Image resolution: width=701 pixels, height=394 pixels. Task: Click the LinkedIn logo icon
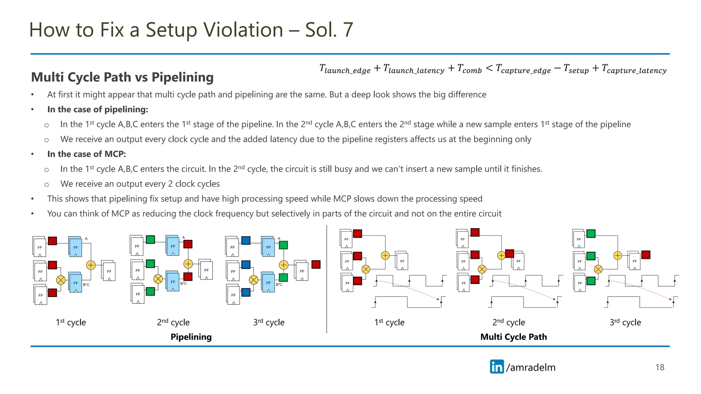[497, 367]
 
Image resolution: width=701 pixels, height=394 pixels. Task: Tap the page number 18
[660, 367]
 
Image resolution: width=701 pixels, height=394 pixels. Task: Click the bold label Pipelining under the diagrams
[191, 337]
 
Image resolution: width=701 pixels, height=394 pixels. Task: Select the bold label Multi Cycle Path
[513, 337]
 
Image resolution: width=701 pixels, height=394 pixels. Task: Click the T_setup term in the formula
[576, 69]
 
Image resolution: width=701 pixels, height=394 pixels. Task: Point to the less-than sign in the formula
[489, 68]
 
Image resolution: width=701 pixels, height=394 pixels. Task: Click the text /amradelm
[531, 367]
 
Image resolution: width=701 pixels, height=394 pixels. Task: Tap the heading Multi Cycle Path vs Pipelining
[122, 77]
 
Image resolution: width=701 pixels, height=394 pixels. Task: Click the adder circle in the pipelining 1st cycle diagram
[91, 265]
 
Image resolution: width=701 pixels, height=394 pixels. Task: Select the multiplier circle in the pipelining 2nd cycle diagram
[158, 279]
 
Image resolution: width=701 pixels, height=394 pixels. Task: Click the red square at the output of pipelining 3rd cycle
[316, 264]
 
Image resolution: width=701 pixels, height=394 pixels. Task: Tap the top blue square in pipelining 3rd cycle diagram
[246, 240]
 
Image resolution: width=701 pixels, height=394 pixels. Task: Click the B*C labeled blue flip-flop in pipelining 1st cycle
[76, 283]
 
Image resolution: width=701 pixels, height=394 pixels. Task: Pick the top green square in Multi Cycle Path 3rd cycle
[591, 234]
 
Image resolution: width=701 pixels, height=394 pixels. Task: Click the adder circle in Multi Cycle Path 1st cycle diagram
[385, 255]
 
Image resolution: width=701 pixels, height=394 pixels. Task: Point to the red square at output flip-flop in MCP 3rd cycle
[646, 255]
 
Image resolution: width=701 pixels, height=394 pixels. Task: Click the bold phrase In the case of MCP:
[87, 154]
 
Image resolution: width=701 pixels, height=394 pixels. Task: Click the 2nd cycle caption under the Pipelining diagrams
[173, 322]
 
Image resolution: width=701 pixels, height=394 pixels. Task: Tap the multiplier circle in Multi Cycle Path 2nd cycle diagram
[482, 269]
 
